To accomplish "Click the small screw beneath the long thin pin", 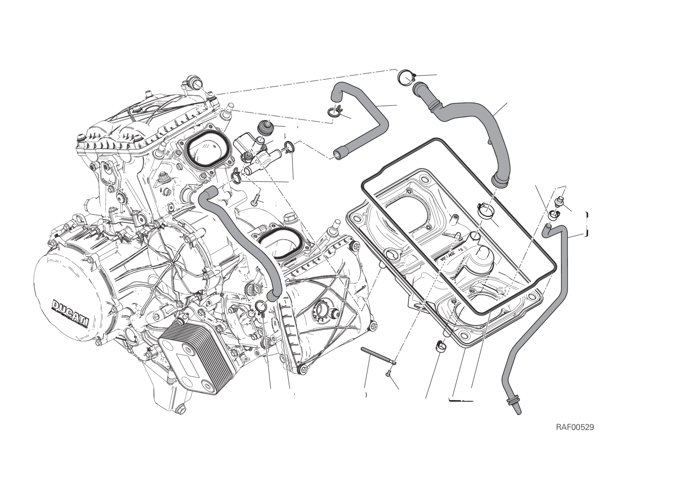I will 388,373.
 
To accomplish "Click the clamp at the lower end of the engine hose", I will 260,307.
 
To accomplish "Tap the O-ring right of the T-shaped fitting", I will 288,146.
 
